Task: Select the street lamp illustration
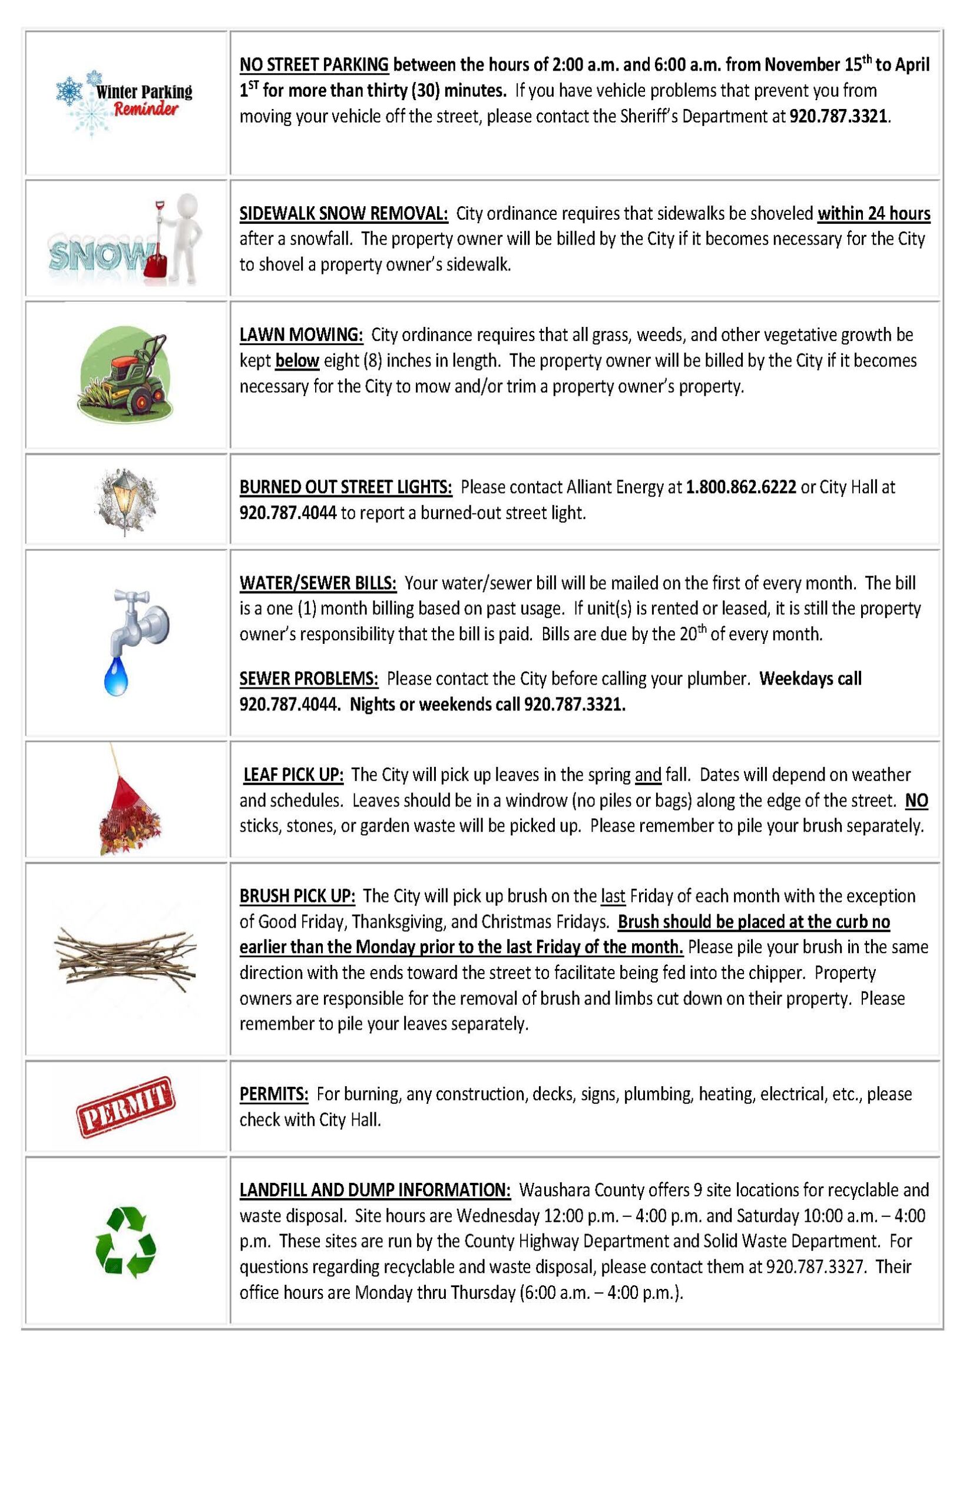pyautogui.click(x=125, y=500)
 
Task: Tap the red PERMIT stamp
pyautogui.click(x=125, y=1107)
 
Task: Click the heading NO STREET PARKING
pyautogui.click(x=313, y=65)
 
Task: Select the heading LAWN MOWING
pyautogui.click(x=301, y=335)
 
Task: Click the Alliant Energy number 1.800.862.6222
pyautogui.click(x=741, y=487)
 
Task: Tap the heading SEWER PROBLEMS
pyautogui.click(x=309, y=679)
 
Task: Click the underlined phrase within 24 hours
pyautogui.click(x=873, y=214)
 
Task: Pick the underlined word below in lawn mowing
pyautogui.click(x=297, y=361)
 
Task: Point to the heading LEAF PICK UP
pyautogui.click(x=293, y=775)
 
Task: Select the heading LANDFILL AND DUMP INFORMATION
pyautogui.click(x=375, y=1190)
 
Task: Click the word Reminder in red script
pyautogui.click(x=146, y=109)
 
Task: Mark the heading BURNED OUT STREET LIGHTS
pyautogui.click(x=346, y=487)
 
